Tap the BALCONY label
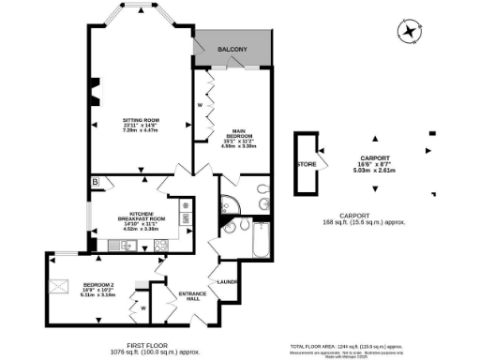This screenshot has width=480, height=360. [x=232, y=49]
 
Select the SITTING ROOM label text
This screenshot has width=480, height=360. [x=142, y=121]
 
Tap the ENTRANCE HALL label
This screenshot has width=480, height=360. [x=192, y=295]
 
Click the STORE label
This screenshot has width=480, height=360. [x=307, y=164]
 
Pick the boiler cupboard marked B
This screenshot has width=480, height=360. [x=95, y=181]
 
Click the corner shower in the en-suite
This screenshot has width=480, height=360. [x=227, y=204]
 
